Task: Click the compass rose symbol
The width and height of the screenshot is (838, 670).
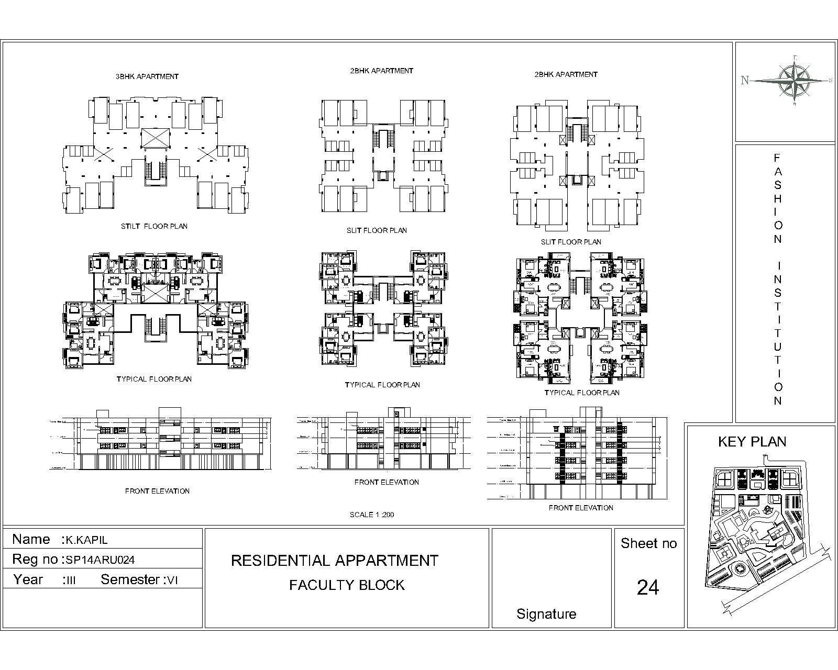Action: [795, 81]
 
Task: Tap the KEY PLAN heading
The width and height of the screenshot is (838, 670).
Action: [752, 442]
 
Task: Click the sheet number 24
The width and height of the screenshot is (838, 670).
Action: [648, 588]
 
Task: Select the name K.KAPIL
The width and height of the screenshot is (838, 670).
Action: [86, 540]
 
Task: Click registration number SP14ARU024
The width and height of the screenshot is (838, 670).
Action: [100, 560]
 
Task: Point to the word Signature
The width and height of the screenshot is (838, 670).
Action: [546, 614]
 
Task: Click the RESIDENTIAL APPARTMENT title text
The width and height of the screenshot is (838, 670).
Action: [334, 561]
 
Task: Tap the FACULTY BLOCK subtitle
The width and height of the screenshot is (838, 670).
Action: [347, 585]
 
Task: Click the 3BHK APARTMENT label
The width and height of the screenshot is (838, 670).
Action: [147, 76]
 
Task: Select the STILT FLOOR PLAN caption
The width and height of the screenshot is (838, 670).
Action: [154, 227]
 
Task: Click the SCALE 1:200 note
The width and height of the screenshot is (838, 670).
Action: [372, 515]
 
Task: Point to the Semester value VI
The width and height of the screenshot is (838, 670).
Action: [173, 580]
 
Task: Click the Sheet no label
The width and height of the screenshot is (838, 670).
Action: [648, 544]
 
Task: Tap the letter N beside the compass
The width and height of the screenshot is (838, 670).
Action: [744, 81]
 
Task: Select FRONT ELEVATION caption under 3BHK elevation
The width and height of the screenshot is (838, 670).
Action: [157, 491]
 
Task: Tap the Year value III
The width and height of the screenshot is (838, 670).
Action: [70, 580]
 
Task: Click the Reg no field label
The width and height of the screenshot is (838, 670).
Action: [35, 560]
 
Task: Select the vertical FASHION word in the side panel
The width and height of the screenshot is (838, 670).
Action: [778, 198]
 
